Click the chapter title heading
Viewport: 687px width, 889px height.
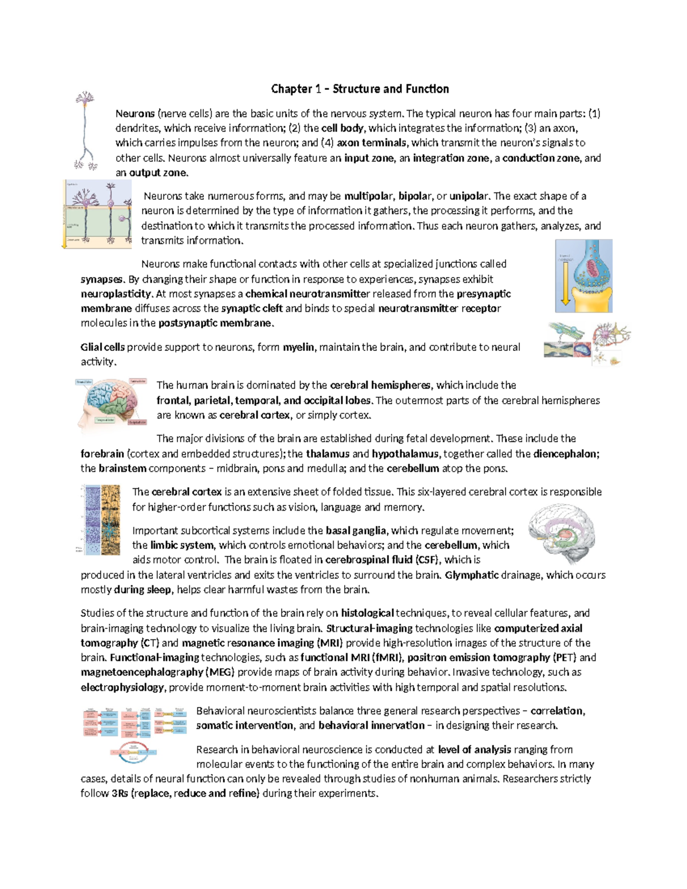360,89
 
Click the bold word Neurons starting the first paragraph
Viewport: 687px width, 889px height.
135,113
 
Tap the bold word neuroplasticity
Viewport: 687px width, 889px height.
116,294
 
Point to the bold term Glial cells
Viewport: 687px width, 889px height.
102,347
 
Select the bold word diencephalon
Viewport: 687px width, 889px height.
566,454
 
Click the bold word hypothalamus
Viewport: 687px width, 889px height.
405,454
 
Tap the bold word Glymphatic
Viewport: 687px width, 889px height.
472,575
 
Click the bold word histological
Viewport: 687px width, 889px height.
367,613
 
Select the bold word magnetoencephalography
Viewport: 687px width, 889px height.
142,672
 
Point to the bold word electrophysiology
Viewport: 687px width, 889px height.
123,688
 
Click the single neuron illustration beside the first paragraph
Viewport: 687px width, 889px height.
85,131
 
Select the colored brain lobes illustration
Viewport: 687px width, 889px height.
112,402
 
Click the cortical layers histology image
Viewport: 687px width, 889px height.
101,520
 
